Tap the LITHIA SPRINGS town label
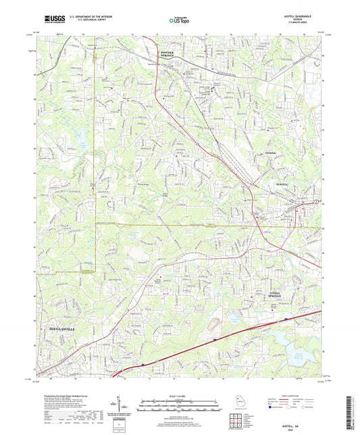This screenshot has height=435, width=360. click(x=280, y=295)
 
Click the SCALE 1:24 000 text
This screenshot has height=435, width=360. click(x=180, y=394)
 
